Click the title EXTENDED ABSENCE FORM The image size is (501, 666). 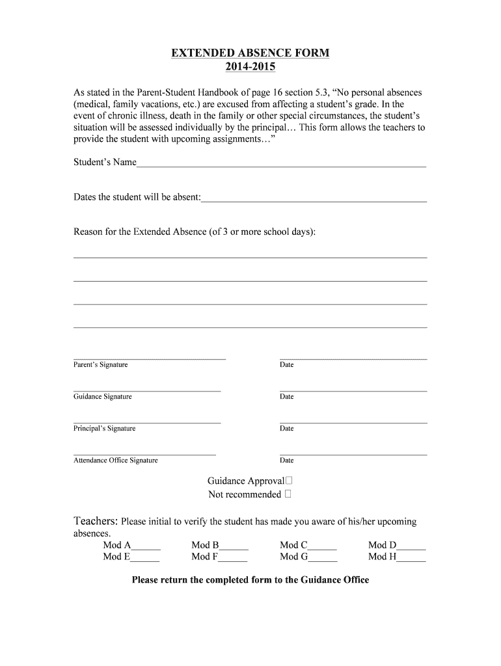251,53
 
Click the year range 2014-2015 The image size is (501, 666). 251,67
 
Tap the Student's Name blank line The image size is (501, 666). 281,163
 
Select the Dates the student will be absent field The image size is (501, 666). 314,198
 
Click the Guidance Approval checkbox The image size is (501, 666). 289,481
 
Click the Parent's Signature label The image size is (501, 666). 100,365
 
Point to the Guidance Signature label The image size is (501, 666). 102,397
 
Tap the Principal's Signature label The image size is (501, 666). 104,429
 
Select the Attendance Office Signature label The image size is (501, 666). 115,460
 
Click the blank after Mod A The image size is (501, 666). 146,546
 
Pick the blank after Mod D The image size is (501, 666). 411,546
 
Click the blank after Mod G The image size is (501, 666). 323,557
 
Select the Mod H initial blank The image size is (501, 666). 411,557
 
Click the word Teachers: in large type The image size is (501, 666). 96,521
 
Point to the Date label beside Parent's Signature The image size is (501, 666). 287,365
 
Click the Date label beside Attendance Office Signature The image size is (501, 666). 287,460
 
